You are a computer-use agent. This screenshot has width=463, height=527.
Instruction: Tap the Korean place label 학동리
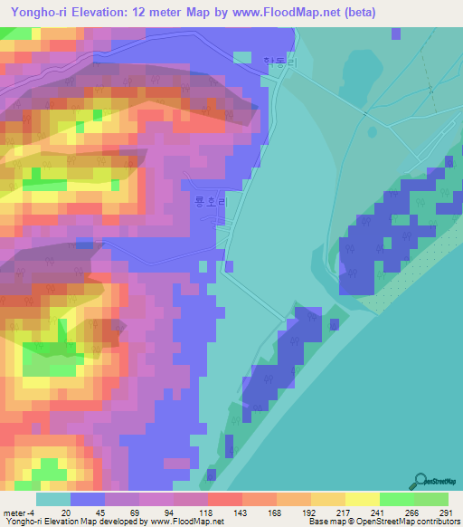point(274,62)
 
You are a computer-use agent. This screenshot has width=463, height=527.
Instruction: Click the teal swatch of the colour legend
point(52,499)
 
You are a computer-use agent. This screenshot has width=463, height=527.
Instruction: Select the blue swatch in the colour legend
point(87,499)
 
